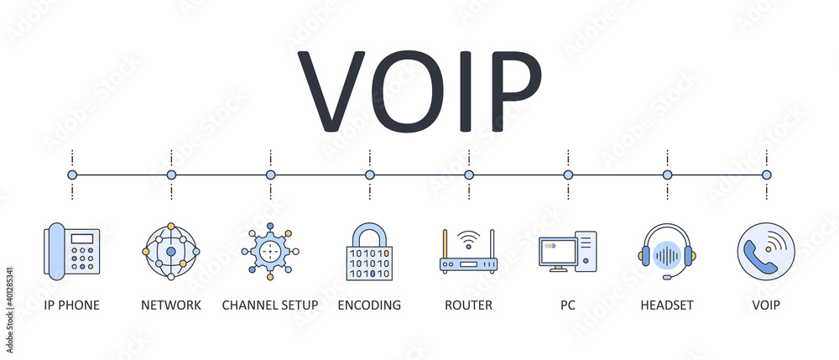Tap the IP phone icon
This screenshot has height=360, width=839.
(72, 251)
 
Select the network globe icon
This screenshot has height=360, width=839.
(171, 251)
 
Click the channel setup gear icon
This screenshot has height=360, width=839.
(270, 251)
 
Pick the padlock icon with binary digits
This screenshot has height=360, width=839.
(369, 251)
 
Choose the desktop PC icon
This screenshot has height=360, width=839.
(567, 252)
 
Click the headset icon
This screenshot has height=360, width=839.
(667, 251)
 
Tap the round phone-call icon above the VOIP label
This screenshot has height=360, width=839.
(766, 251)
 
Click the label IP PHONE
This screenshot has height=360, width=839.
(72, 305)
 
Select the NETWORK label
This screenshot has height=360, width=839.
(171, 305)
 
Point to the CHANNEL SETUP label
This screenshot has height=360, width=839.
(270, 305)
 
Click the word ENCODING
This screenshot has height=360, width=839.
(369, 305)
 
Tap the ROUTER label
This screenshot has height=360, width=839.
(468, 305)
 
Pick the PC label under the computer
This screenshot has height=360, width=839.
(568, 305)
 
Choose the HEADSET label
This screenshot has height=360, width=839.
(667, 305)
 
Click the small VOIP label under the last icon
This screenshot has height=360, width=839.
(766, 305)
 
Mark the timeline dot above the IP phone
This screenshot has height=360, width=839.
(72, 175)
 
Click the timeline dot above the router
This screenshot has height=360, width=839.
(469, 175)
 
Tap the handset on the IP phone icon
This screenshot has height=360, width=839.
(55, 251)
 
